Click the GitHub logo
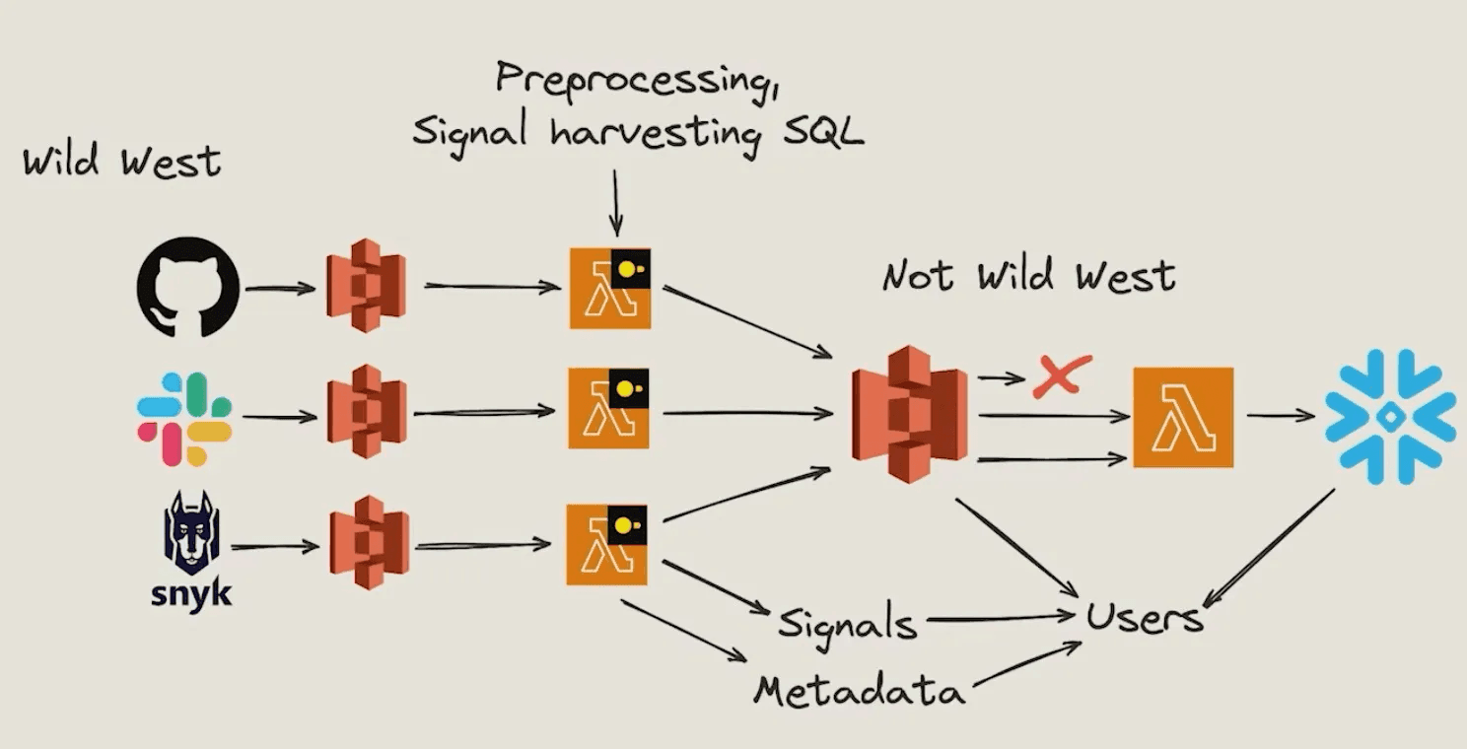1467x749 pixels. (x=187, y=287)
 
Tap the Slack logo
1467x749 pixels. (x=184, y=418)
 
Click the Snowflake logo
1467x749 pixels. (x=1390, y=416)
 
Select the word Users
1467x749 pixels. (x=1144, y=617)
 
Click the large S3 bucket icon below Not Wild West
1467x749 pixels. (x=909, y=415)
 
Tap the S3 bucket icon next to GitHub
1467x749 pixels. (x=366, y=285)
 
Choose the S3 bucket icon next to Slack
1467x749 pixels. (x=367, y=412)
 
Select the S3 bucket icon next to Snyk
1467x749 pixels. (x=369, y=543)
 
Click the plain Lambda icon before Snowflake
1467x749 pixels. (x=1182, y=417)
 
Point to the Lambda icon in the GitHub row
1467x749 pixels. (x=610, y=288)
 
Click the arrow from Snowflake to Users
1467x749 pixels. (x=1269, y=547)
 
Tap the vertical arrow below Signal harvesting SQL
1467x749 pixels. (x=615, y=201)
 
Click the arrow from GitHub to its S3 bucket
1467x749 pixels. (x=279, y=289)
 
